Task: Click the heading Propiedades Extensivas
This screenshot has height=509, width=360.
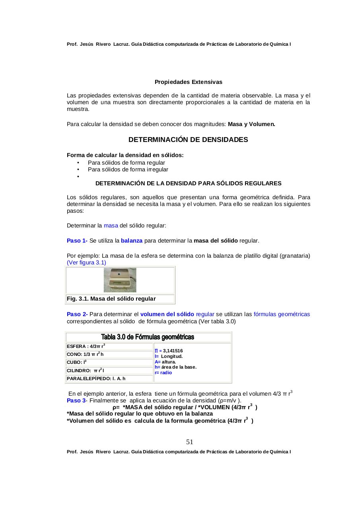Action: tap(188, 82)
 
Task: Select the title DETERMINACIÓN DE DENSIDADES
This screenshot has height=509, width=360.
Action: tap(188, 140)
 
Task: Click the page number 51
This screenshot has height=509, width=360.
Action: tap(189, 442)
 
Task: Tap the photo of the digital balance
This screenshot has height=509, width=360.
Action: tap(120, 280)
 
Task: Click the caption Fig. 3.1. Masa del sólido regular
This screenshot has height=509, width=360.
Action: tap(111, 299)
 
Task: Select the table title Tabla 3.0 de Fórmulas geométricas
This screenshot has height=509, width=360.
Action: tap(148, 337)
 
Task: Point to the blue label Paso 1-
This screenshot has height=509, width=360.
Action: tap(77, 241)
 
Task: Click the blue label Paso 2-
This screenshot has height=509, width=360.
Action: tap(77, 314)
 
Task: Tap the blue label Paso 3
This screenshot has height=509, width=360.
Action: tap(76, 400)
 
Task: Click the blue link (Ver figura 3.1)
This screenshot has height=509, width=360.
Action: tap(86, 262)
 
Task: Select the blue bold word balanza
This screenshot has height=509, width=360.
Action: tap(131, 241)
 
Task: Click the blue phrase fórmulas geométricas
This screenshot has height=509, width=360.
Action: tap(282, 314)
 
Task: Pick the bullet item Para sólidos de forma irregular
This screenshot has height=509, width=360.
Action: tap(128, 169)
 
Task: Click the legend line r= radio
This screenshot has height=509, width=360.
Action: tap(163, 373)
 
